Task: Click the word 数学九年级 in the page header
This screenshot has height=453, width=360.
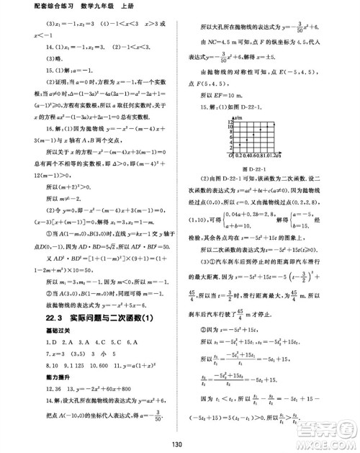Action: pyautogui.click(x=81, y=6)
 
